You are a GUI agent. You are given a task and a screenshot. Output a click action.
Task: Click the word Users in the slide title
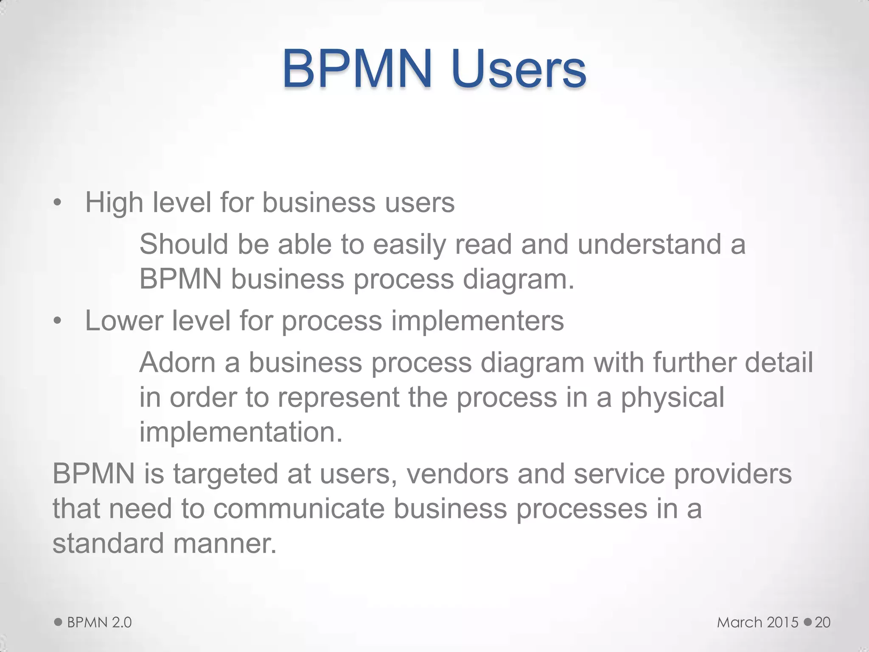click(x=519, y=69)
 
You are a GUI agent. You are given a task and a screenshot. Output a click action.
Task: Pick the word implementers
click(x=477, y=321)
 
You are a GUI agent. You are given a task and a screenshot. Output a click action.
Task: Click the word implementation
click(x=241, y=432)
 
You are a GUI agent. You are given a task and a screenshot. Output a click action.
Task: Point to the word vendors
click(x=457, y=474)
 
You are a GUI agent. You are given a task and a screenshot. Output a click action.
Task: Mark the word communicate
click(x=299, y=509)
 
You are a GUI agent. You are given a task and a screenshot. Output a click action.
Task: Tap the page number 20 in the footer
click(x=822, y=622)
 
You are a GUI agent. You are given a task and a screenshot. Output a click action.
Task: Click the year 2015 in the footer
click(x=783, y=622)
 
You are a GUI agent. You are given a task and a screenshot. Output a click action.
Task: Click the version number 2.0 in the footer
click(x=122, y=622)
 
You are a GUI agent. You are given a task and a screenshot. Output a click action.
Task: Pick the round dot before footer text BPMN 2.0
click(x=59, y=622)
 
